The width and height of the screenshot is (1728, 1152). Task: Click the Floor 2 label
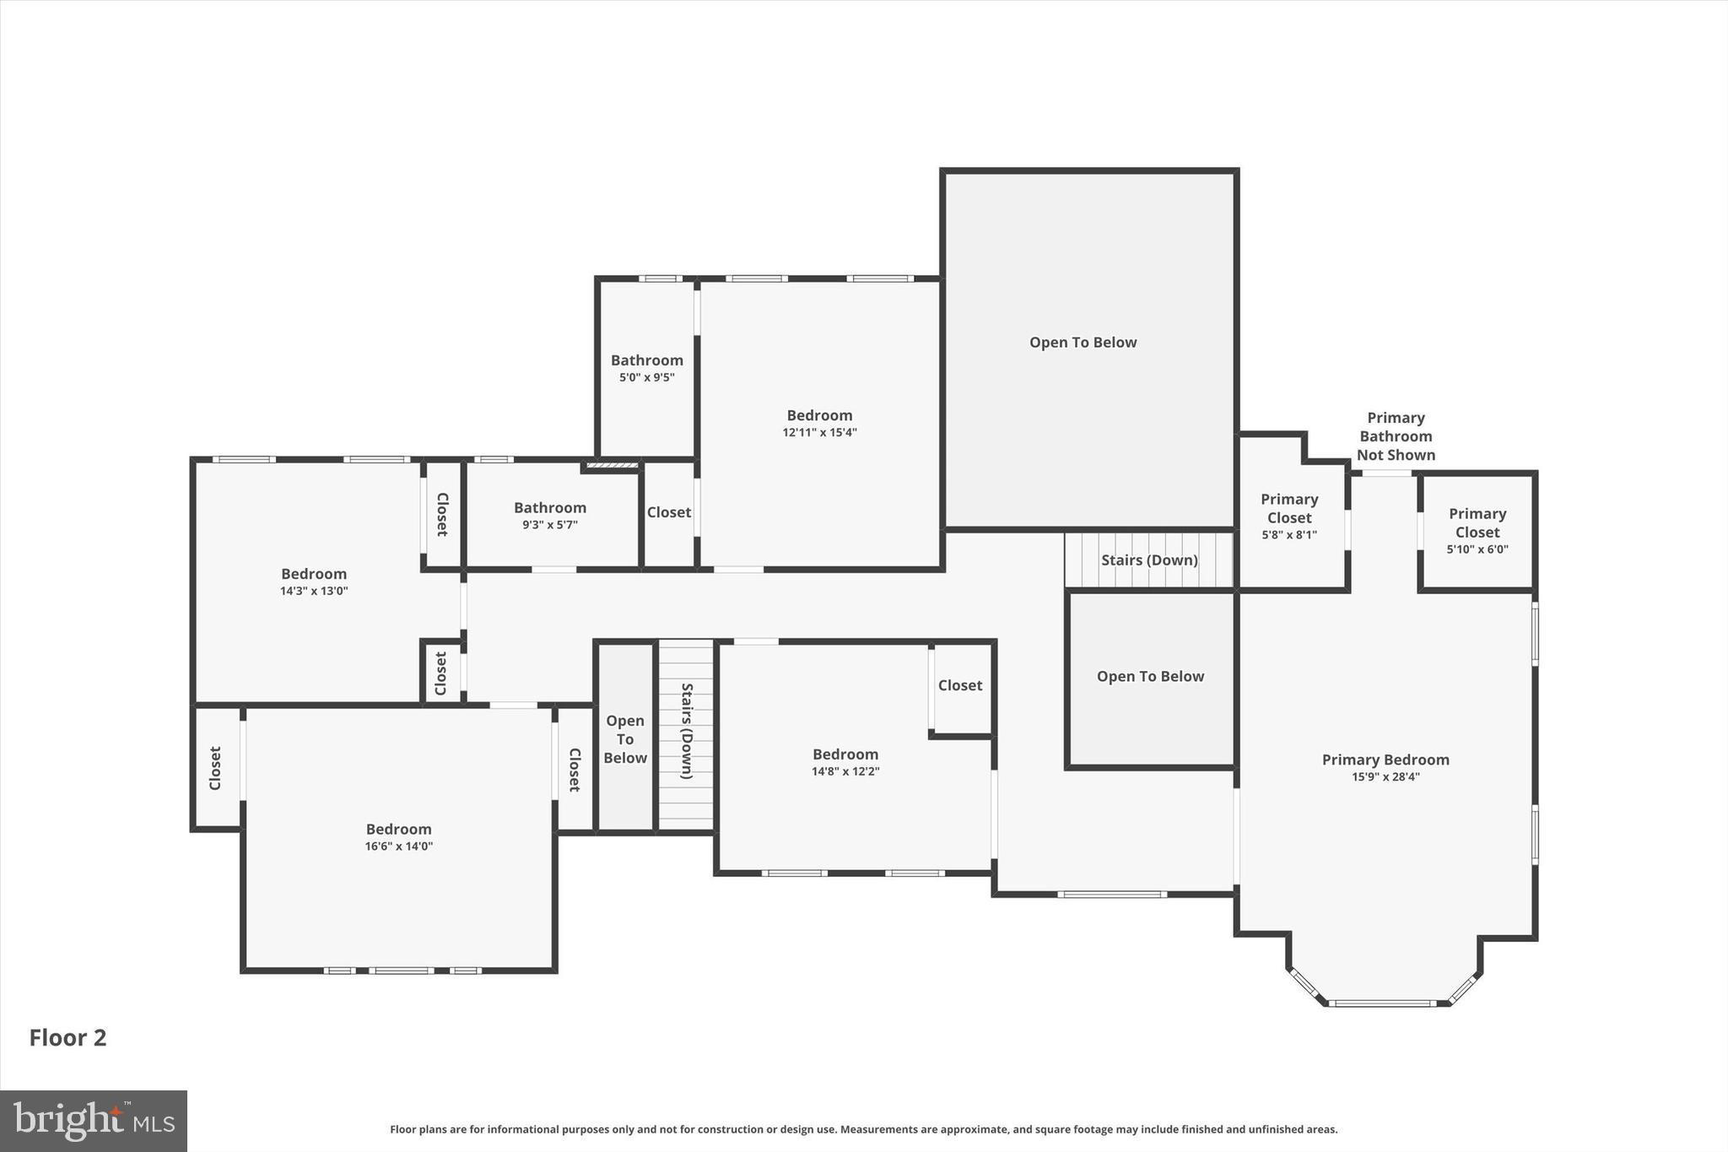pyautogui.click(x=67, y=1037)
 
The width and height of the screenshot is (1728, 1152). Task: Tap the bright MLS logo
pyautogui.click(x=94, y=1121)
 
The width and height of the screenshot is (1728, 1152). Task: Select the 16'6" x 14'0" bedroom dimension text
pyautogui.click(x=398, y=846)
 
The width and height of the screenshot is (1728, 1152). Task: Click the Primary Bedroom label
pyautogui.click(x=1385, y=760)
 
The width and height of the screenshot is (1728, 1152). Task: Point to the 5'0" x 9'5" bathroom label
pyautogui.click(x=647, y=378)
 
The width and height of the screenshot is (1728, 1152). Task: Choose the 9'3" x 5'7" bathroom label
pyautogui.click(x=550, y=525)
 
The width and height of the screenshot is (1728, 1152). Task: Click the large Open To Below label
pyautogui.click(x=1083, y=342)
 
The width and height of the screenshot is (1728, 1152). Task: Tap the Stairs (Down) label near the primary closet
pyautogui.click(x=1149, y=560)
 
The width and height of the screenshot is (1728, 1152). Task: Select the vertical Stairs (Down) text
pyautogui.click(x=686, y=731)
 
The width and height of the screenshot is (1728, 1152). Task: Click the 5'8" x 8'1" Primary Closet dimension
pyautogui.click(x=1288, y=535)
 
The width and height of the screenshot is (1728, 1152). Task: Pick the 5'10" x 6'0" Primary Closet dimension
pyautogui.click(x=1477, y=549)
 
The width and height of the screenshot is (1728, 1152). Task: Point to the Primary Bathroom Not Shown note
pyautogui.click(x=1396, y=436)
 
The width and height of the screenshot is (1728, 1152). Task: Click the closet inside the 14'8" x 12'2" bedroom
pyautogui.click(x=960, y=685)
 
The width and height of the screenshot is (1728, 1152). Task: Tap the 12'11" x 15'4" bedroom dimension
pyautogui.click(x=819, y=433)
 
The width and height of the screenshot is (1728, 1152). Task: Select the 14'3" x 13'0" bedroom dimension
pyautogui.click(x=314, y=592)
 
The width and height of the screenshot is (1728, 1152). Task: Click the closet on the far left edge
pyautogui.click(x=215, y=768)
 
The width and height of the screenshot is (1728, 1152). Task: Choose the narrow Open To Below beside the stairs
pyautogui.click(x=625, y=739)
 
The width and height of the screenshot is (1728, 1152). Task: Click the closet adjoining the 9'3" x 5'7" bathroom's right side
pyautogui.click(x=669, y=512)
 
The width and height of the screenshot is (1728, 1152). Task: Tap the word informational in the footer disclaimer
pyautogui.click(x=524, y=1129)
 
